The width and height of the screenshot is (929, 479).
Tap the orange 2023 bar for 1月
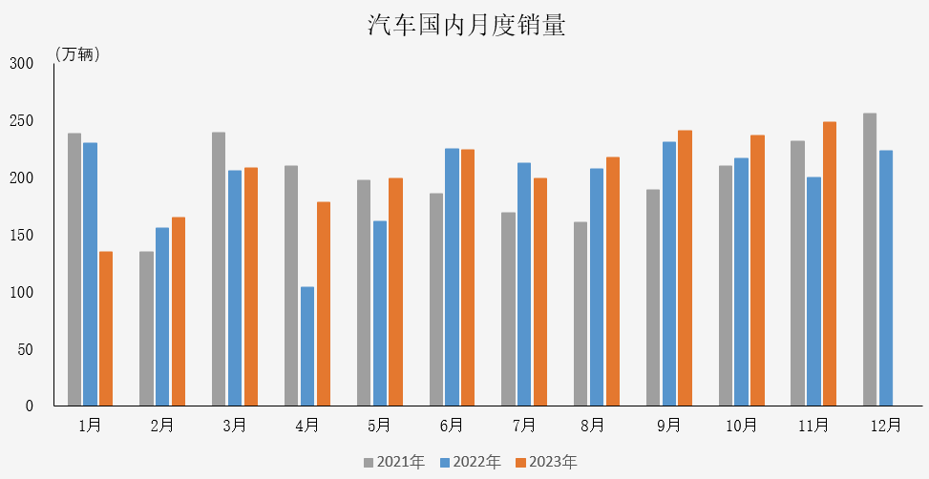106,328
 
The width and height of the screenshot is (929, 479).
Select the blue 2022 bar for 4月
307,346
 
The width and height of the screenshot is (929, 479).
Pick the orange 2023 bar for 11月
830,263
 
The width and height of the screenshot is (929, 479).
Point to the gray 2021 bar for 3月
219,269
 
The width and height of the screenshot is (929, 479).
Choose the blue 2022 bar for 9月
669,274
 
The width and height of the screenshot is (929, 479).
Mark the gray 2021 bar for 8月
581,314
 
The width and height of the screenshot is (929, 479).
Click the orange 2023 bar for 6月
468,278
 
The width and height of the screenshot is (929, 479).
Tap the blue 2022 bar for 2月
162,317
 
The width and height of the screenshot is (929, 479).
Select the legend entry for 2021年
394,463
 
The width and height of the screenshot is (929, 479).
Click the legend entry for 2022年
471,463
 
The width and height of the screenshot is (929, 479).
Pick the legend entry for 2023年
547,463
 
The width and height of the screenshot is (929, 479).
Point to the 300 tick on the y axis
21,64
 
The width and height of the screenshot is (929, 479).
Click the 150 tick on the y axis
21,235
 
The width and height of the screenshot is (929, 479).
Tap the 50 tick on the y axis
25,349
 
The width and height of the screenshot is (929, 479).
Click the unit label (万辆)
77,54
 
